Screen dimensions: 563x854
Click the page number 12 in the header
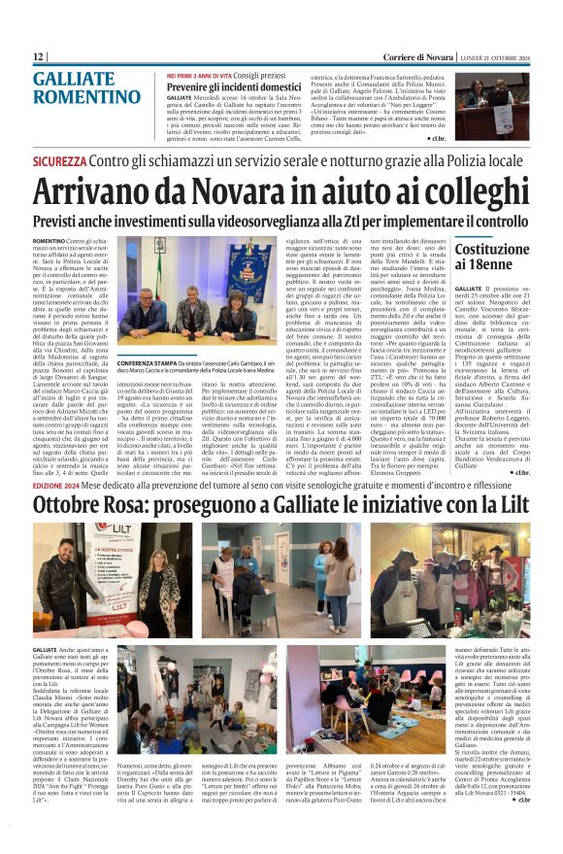coord(39,57)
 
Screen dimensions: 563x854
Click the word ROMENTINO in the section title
coord(86,97)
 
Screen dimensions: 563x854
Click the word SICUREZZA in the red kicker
coord(59,160)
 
